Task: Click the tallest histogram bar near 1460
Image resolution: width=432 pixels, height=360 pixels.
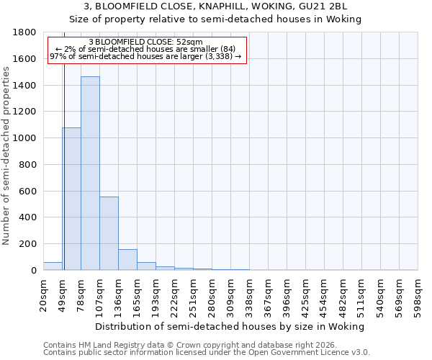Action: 90,173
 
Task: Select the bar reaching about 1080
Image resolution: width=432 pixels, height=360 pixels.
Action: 71,199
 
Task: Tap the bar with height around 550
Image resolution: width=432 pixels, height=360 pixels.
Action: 109,233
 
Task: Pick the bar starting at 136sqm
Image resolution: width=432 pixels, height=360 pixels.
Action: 127,259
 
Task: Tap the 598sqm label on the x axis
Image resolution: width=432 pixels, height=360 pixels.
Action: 418,293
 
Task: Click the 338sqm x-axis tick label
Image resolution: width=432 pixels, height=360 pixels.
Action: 250,293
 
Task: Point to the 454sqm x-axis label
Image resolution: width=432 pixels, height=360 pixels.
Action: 325,293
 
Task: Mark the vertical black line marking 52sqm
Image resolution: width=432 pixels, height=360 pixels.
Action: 64,158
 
